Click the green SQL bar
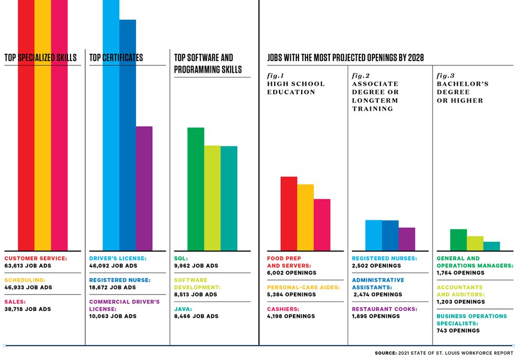coord(196,189)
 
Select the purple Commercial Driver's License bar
coord(144,188)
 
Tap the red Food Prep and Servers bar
coord(289,214)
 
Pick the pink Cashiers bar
coord(322,225)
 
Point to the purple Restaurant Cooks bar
coord(407,239)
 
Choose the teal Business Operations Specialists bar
coord(492,246)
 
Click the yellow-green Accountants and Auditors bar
coord(475,244)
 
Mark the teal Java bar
coord(229,198)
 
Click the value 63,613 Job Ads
coord(27,266)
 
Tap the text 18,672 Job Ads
coord(112,288)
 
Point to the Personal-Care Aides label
coord(303,288)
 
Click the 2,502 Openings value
coord(377,266)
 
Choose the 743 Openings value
coord(458,330)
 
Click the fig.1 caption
coord(275,76)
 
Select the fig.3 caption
coord(445,76)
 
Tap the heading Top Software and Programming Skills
coord(208,64)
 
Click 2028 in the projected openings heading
coord(416,57)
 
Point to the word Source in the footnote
coord(386,353)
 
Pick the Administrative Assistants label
coord(378,284)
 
